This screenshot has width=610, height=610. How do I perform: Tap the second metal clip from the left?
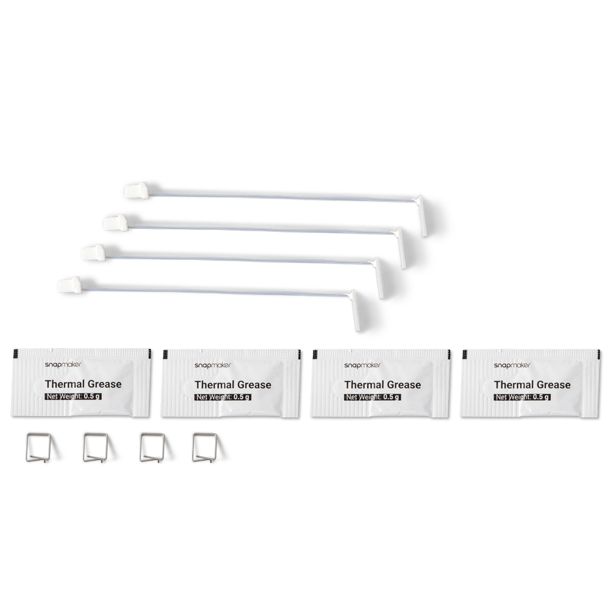click(84, 447)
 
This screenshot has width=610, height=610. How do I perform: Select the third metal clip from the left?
click(142, 447)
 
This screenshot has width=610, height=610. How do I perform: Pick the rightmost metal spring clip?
click(194, 447)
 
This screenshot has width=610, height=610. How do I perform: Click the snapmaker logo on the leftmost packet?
click(63, 365)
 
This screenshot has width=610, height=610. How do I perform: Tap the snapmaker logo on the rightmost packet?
click(512, 365)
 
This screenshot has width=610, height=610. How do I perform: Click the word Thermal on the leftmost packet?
click(64, 384)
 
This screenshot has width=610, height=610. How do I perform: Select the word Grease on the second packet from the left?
click(254, 385)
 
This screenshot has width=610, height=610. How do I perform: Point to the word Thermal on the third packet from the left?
click(364, 385)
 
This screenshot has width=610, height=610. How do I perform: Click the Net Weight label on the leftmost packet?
click(73, 396)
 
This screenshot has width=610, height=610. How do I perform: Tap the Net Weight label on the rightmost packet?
click(522, 397)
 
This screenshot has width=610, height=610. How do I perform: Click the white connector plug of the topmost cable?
click(137, 190)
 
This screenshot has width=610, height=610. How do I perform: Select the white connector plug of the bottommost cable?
click(70, 285)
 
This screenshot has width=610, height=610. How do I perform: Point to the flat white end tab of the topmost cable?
click(422, 216)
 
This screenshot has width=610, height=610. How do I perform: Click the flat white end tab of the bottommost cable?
click(355, 310)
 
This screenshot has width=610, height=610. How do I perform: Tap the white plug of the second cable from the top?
click(116, 223)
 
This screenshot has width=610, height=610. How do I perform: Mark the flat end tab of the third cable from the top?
click(378, 278)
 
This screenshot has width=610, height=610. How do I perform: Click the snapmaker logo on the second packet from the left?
click(213, 365)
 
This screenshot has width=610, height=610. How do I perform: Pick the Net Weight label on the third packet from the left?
click(373, 397)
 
